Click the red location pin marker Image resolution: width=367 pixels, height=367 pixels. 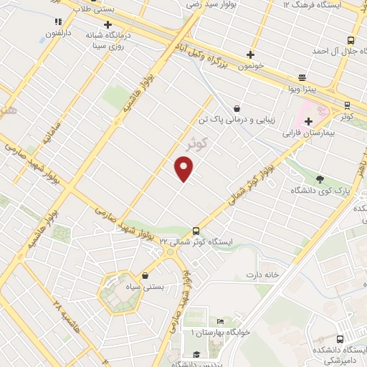tap(184, 169)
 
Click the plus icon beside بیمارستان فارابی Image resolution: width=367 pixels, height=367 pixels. tap(309, 121)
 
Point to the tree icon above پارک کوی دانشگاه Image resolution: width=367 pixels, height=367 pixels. tap(320, 179)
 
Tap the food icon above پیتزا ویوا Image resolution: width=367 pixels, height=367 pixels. tap(302, 77)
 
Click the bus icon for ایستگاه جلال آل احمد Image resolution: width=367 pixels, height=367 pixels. tap(351, 40)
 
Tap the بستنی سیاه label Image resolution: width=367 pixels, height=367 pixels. tap(146, 287)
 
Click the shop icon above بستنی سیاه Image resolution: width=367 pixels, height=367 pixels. tap(146, 275)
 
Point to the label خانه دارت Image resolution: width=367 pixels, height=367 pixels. tap(262, 275)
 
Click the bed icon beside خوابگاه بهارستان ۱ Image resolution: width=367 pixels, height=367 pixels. tap(220, 320)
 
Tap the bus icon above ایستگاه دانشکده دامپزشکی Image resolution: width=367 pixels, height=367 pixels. tap(340, 338)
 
